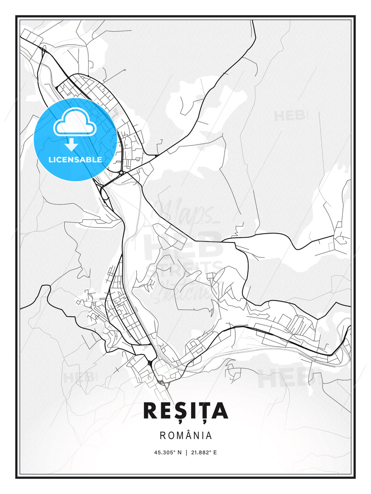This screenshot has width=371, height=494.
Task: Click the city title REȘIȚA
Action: point(185,411)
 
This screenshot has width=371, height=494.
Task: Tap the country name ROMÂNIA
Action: point(185,435)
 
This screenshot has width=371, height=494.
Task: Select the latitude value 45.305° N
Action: point(168,452)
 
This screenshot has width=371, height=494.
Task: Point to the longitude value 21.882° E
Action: point(204,452)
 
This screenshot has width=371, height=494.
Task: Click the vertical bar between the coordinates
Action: point(186,452)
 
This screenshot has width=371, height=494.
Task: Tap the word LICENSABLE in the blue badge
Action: point(75,160)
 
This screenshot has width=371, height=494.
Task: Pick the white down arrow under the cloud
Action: point(71,145)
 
